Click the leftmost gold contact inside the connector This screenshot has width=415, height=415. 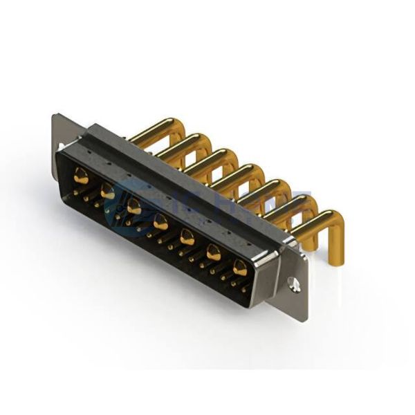point(82,177)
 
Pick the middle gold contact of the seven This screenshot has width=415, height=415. point(160,222)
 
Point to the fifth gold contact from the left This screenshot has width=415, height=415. point(187,237)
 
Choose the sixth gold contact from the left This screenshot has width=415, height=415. point(213,252)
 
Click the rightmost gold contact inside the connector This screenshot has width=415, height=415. point(239,268)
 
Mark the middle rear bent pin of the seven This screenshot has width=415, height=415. point(232,172)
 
